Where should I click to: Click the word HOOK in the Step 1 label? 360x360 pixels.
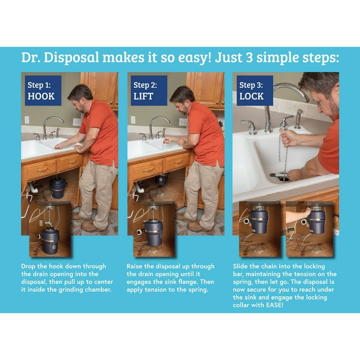point(41,96)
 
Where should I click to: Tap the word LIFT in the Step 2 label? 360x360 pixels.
point(143,96)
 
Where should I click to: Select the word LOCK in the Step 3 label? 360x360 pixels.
point(251,96)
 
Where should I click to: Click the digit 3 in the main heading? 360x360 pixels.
point(249,57)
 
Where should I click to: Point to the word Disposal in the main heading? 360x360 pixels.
point(71,57)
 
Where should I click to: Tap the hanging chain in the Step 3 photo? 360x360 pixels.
point(283,154)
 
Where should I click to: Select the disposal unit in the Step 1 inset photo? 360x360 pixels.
point(50,240)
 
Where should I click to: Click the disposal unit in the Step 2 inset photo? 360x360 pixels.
point(154,232)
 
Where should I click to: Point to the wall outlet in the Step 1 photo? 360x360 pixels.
point(27,120)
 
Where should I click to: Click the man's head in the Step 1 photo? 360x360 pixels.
point(80,97)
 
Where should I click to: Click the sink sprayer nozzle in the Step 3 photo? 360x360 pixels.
point(299,119)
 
